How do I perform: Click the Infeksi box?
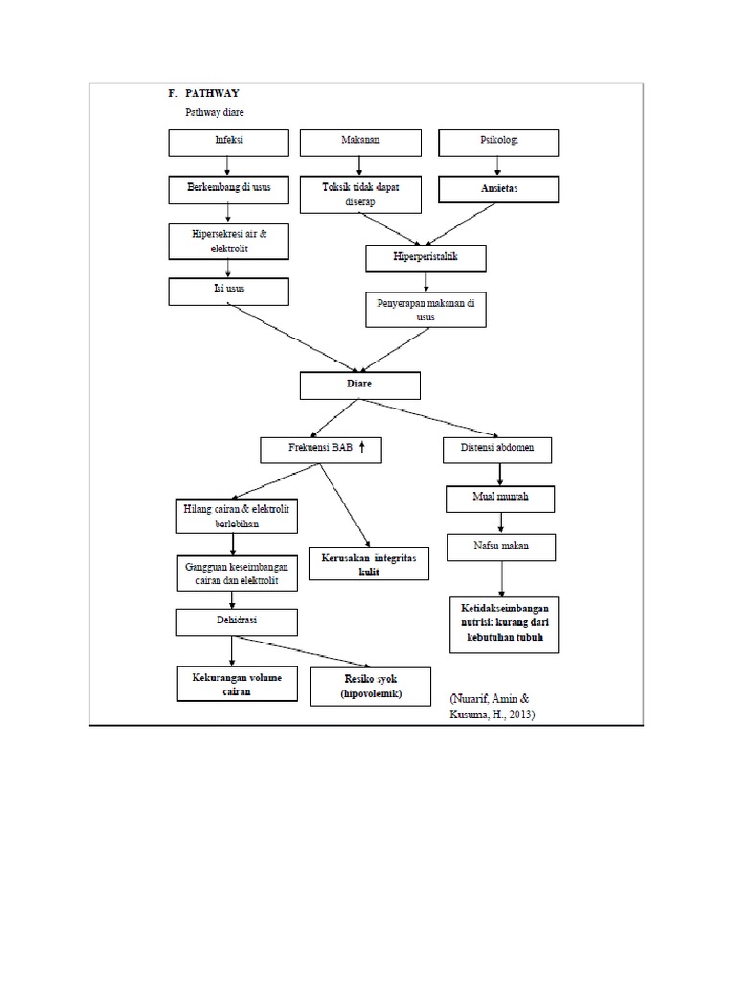click(x=229, y=143)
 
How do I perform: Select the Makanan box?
click(x=360, y=143)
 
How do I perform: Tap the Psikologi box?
click(x=498, y=143)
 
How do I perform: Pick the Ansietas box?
click(x=498, y=189)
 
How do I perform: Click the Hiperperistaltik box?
click(x=425, y=258)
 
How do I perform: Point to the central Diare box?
click(x=360, y=386)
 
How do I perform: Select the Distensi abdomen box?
click(x=500, y=450)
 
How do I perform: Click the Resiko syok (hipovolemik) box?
click(x=371, y=686)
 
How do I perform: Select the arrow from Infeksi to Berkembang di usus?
click(x=228, y=166)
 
